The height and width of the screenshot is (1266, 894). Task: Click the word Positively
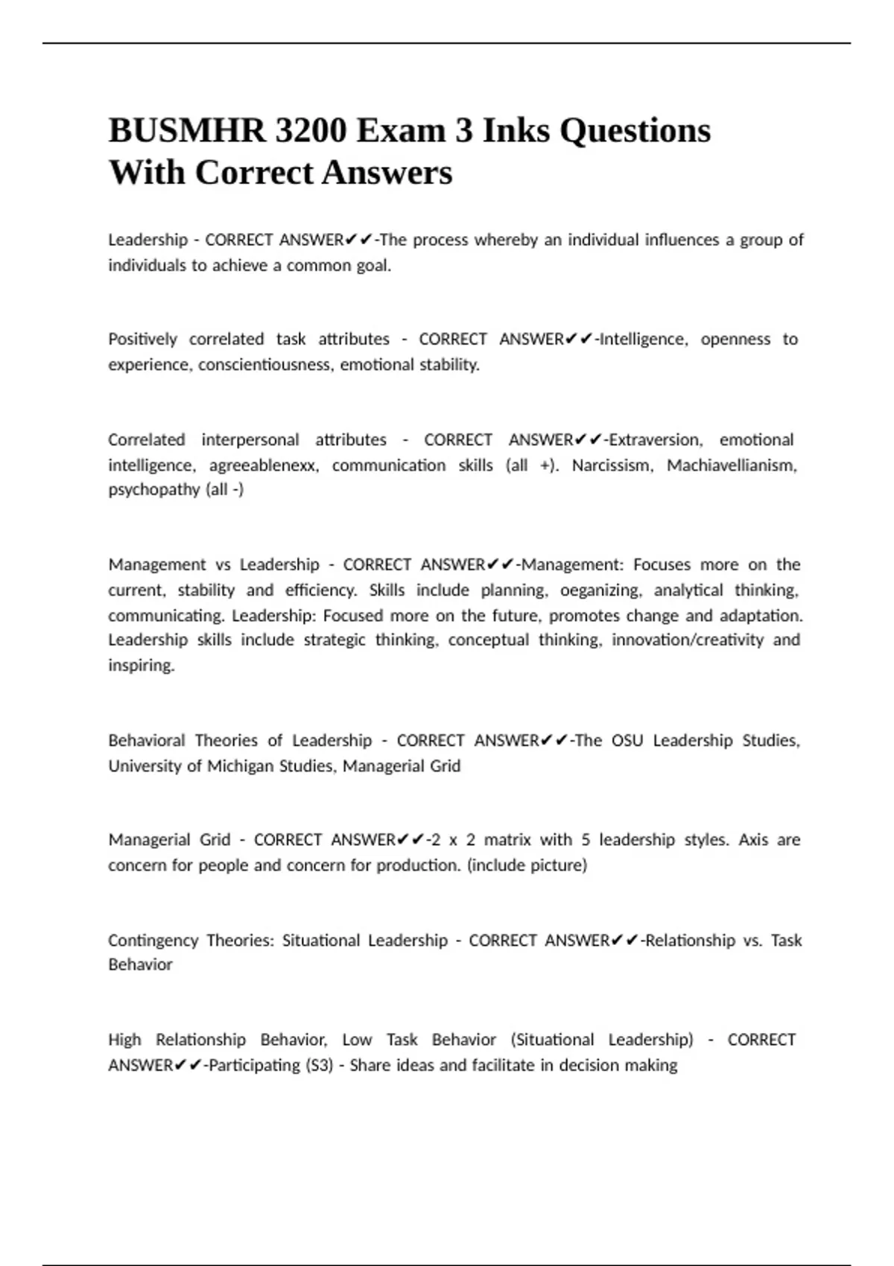coord(143,340)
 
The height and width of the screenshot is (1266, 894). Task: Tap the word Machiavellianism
coord(732,465)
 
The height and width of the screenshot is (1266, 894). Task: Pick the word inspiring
coord(142,666)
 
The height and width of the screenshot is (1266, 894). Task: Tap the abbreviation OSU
coord(627,741)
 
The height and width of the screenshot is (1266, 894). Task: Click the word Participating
coord(256,1066)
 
